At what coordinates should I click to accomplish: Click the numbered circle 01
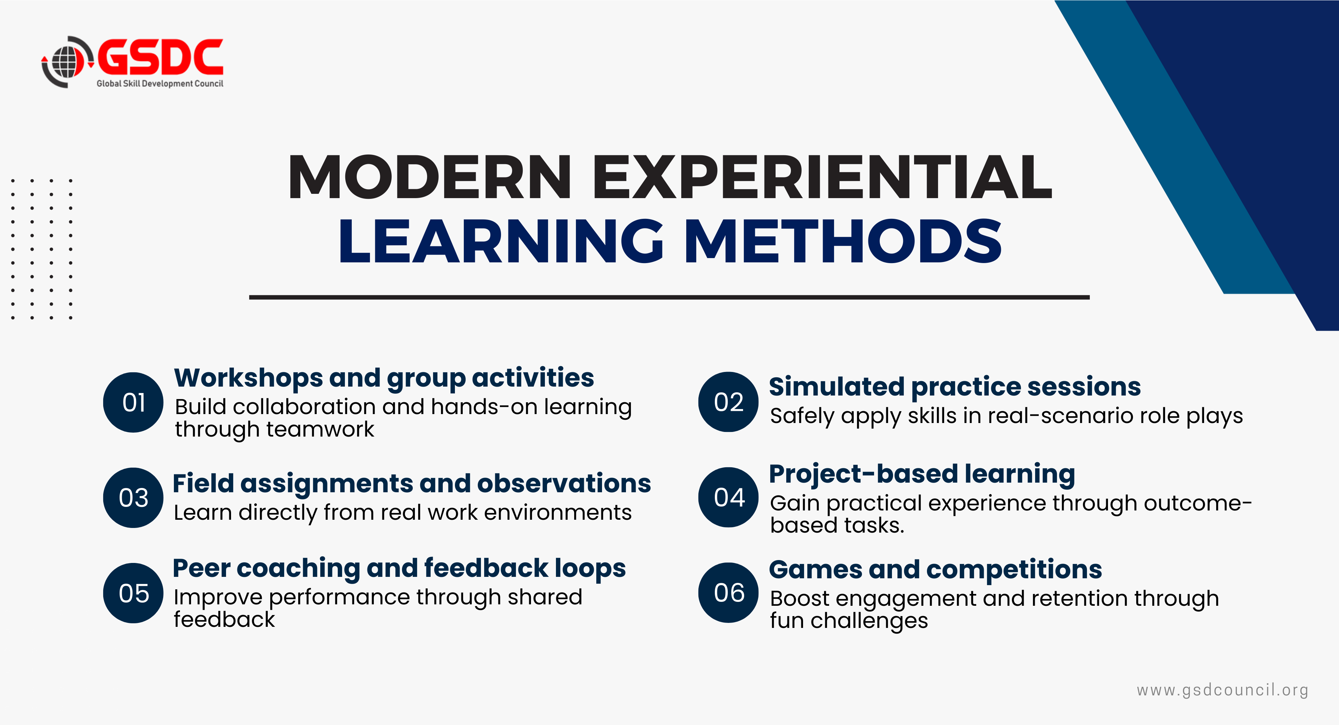pos(134,402)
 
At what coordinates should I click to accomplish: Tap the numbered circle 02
pos(729,402)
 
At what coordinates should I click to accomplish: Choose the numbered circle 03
pos(134,498)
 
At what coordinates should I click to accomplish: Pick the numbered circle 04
pos(729,497)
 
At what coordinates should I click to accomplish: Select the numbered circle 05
pos(134,593)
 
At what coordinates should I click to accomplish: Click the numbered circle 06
pos(729,593)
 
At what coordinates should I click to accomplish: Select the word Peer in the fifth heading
pos(202,569)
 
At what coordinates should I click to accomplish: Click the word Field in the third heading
pos(203,483)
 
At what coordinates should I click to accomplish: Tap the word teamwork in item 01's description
pos(320,429)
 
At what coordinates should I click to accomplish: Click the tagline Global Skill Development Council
pos(160,84)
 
